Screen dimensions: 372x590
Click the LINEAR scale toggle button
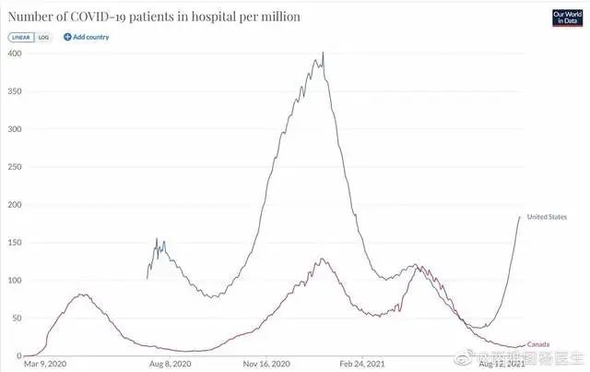(21, 37)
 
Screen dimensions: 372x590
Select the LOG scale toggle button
(43, 37)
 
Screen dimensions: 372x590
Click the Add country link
(87, 37)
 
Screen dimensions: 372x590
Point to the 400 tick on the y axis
(14, 53)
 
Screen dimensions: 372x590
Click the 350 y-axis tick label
(14, 90)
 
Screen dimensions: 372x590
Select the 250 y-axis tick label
(14, 166)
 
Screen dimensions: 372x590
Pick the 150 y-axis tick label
(14, 242)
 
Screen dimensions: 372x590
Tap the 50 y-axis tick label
(16, 318)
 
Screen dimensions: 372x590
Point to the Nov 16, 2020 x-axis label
(267, 364)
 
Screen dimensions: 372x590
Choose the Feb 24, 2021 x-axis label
(362, 364)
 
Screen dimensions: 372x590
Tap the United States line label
(548, 217)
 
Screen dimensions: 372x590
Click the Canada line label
(538, 344)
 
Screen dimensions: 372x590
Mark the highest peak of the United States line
(323, 53)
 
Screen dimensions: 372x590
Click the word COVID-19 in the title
(102, 17)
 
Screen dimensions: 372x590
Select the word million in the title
(276, 17)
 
